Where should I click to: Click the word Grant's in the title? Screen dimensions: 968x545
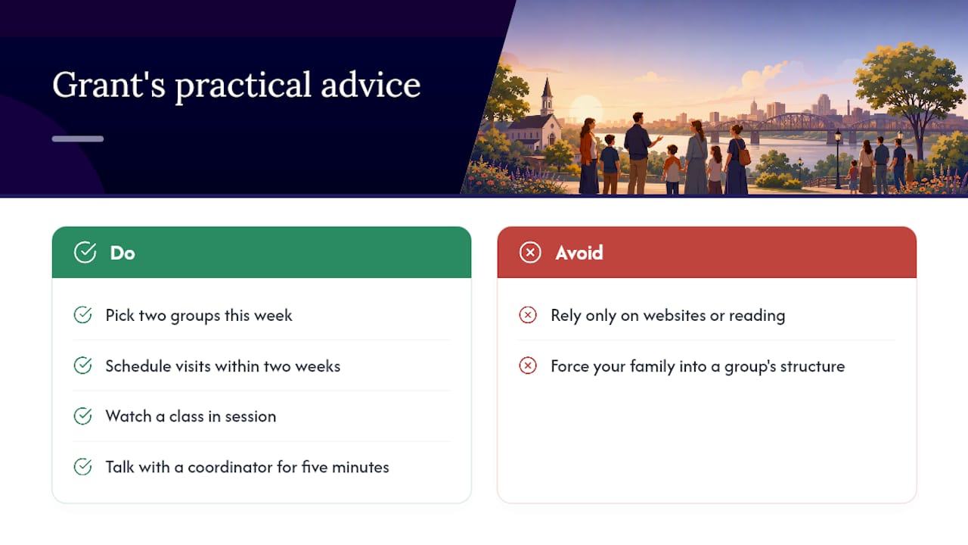coord(109,85)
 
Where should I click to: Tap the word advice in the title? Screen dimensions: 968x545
coord(371,85)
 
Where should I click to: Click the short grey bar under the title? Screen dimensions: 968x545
coord(78,139)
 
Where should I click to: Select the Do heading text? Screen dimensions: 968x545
coord(123,253)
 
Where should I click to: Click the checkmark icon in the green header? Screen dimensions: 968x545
coord(85,252)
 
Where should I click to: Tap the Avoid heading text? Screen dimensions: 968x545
coord(579,253)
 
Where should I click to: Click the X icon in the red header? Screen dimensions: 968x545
coord(530,253)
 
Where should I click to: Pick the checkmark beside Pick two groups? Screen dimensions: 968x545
coord(82,315)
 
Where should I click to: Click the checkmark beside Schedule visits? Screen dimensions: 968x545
coord(82,366)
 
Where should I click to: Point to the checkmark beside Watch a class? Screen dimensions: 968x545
coord(82,416)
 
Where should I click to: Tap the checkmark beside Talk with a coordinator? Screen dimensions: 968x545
coord(82,467)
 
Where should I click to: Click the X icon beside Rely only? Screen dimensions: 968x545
coord(528,315)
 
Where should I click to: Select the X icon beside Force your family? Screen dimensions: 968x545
coord(528,366)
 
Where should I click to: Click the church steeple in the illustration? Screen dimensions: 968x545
coord(547,96)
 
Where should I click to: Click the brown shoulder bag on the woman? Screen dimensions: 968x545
coord(743,157)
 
